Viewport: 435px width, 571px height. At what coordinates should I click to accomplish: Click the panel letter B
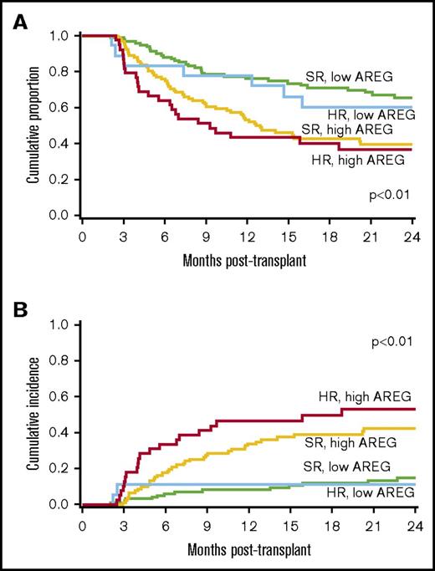point(13,296)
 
